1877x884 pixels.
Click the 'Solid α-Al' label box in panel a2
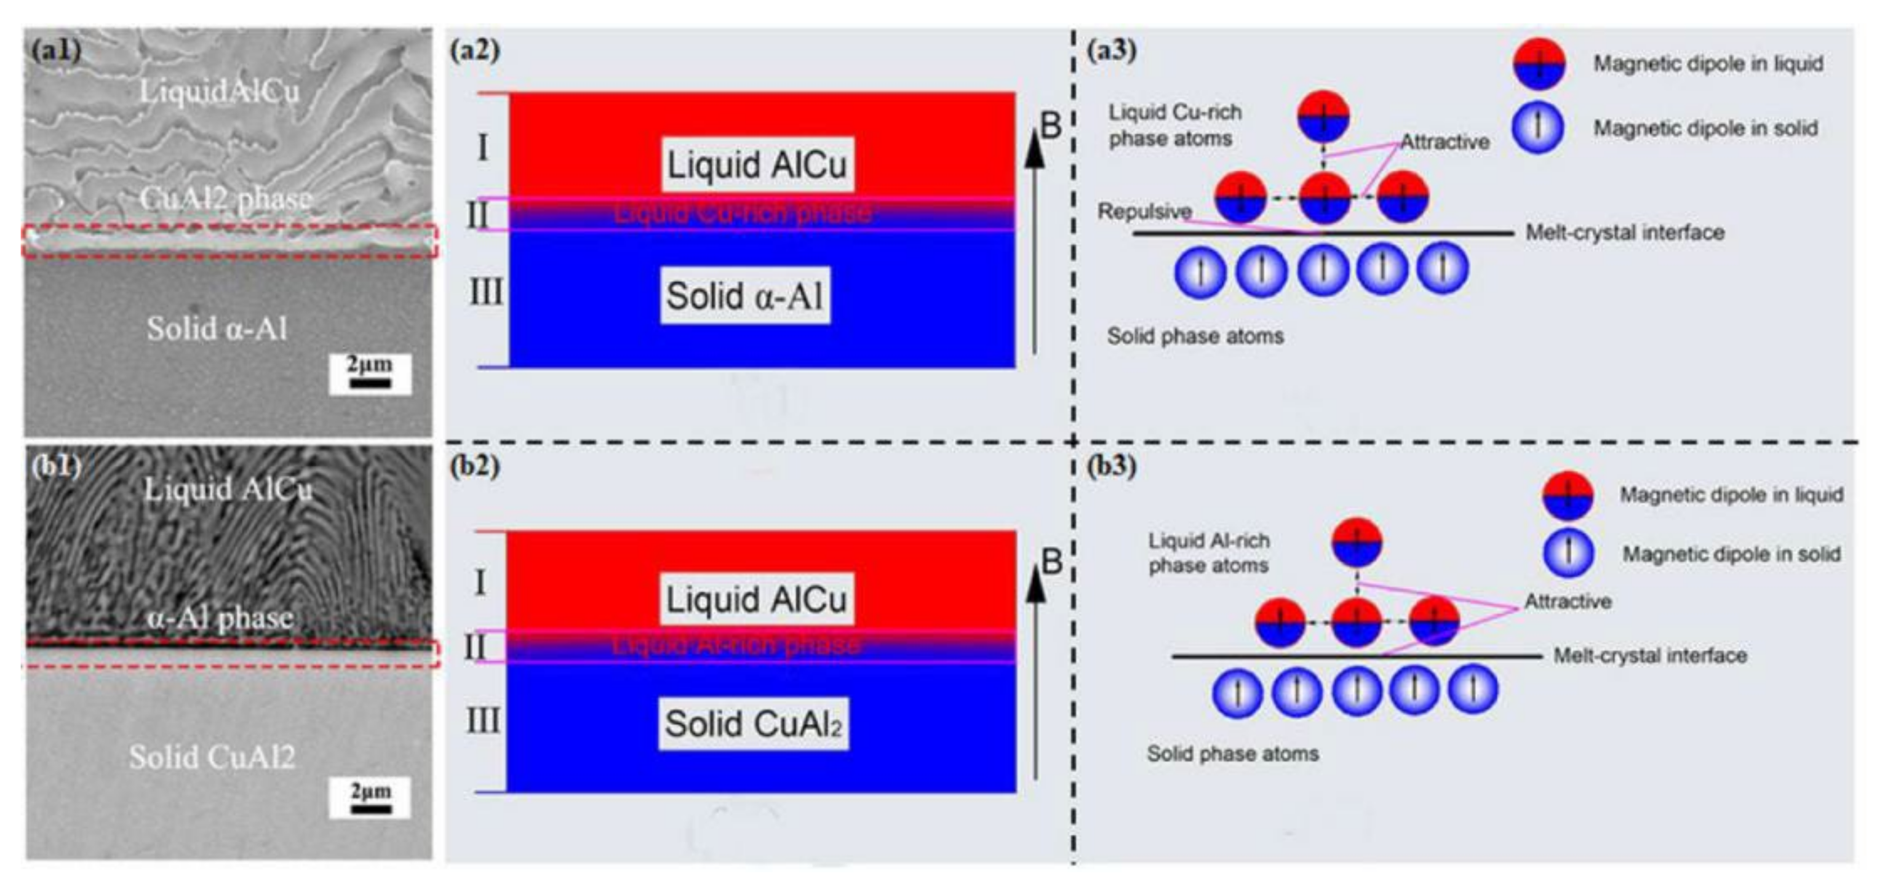coord(744,296)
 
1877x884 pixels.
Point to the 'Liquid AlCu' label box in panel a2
coord(757,165)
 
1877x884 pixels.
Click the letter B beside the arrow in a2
coord(1050,126)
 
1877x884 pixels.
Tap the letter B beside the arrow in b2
coord(1051,562)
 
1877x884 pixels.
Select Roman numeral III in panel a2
coord(486,293)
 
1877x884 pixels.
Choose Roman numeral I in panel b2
coord(479,583)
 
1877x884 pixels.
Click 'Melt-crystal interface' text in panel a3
coord(1625,233)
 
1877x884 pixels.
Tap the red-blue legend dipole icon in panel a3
coord(1539,64)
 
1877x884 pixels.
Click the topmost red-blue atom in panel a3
coord(1323,115)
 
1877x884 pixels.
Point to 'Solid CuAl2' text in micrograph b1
coord(212,757)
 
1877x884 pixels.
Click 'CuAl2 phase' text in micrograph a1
coord(225,198)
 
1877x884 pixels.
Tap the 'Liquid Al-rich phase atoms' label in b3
coord(1209,553)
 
